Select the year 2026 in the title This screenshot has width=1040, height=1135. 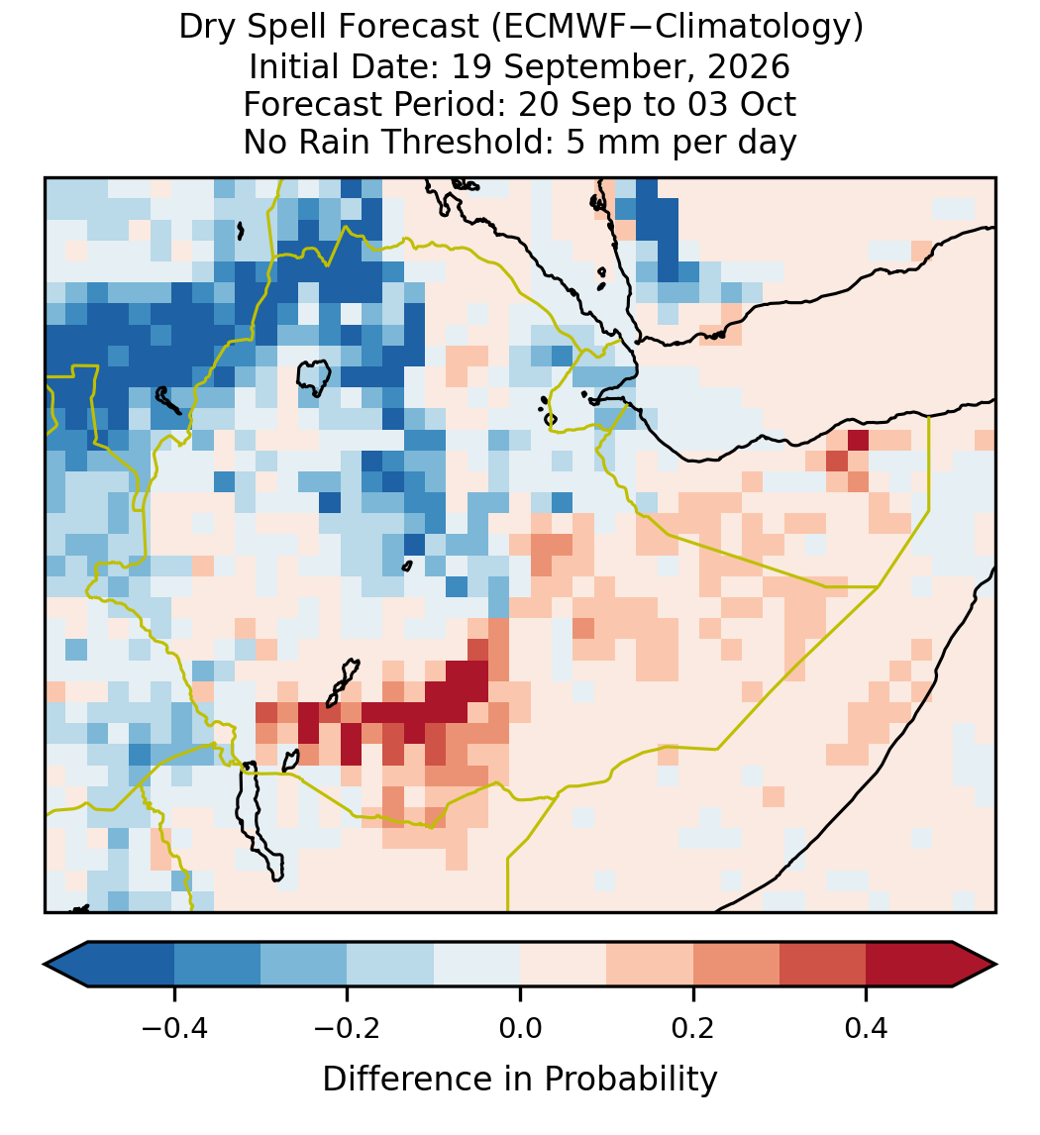point(749,66)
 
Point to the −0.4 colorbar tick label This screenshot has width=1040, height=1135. point(174,1027)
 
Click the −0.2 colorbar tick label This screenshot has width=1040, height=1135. point(348,1027)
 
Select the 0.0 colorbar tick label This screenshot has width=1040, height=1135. point(520,1027)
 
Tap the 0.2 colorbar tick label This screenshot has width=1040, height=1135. point(693,1027)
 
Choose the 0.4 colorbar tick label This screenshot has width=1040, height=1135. point(867,1027)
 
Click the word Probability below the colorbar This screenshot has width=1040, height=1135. point(631,1080)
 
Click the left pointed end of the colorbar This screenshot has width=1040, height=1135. point(45,965)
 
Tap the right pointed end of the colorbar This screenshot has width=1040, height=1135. point(995,965)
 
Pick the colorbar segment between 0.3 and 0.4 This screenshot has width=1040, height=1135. point(823,965)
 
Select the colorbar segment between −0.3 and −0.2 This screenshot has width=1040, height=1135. point(304,965)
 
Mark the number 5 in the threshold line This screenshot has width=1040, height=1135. point(575,142)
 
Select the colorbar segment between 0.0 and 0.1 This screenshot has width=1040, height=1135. point(564,965)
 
